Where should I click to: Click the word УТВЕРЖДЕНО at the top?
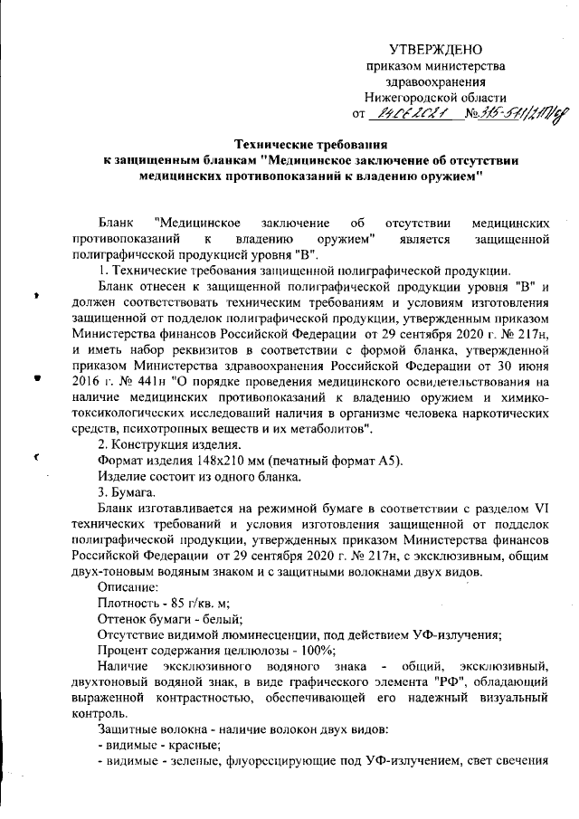click(x=435, y=49)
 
